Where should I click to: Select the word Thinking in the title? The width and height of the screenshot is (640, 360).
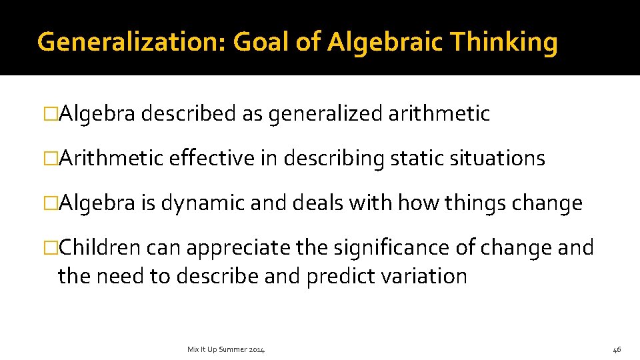coord(503,43)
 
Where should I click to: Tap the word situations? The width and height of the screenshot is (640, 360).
coord(496,159)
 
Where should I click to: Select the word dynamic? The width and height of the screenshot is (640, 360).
coord(200,203)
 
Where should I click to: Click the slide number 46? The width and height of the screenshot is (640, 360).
coord(617,349)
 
